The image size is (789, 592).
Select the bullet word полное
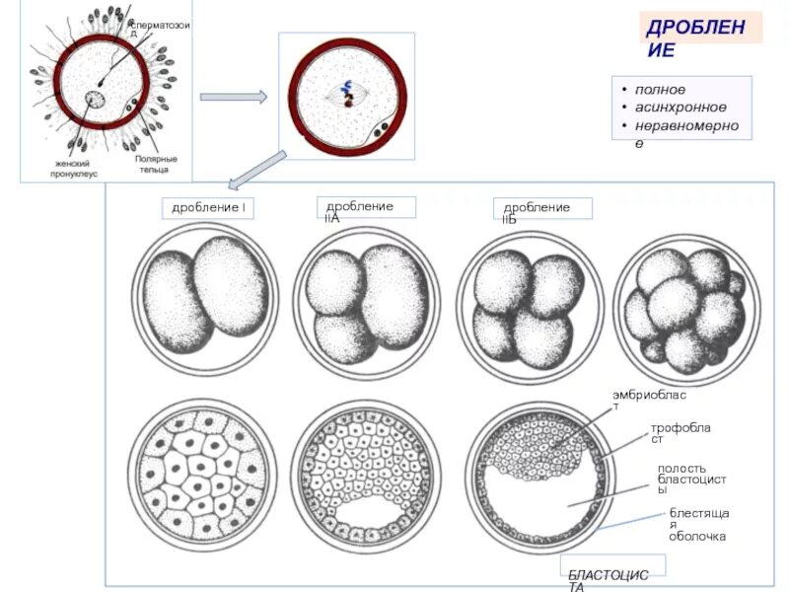tap(660, 90)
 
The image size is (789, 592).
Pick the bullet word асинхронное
tap(681, 107)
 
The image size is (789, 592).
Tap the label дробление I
tap(208, 208)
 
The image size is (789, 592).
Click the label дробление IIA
tap(365, 209)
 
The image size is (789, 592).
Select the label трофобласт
tap(681, 433)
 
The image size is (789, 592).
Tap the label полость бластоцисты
tap(691, 479)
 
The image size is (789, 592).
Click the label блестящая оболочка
tap(698, 524)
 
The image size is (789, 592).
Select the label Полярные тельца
tap(155, 163)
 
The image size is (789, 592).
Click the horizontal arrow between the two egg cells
tap(234, 97)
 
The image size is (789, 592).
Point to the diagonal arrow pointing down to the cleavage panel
tap(257, 168)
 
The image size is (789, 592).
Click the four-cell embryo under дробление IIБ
tap(529, 301)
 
